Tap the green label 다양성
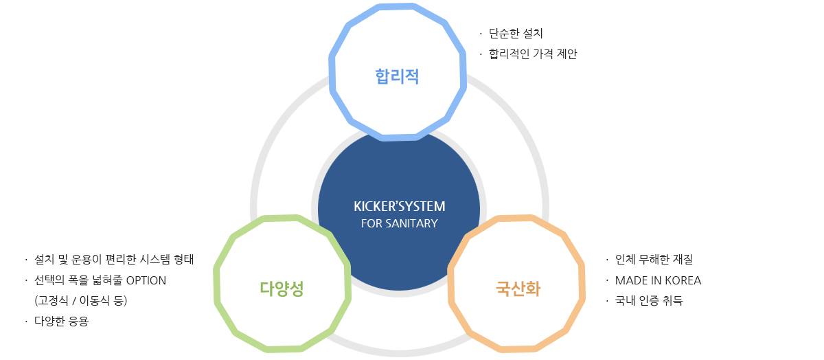282,289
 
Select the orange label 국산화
518,289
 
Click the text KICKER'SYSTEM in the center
399,206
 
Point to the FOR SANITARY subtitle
399,223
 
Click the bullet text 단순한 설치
516,33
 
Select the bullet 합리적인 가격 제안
533,54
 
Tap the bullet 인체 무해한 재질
654,260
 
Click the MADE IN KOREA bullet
658,280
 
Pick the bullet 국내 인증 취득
649,301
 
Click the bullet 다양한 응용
61,322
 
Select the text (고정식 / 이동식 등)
81,301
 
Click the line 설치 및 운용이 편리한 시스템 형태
114,260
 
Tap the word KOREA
682,280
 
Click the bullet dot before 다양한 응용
25,322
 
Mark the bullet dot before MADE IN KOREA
607,280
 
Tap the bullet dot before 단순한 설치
481,33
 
